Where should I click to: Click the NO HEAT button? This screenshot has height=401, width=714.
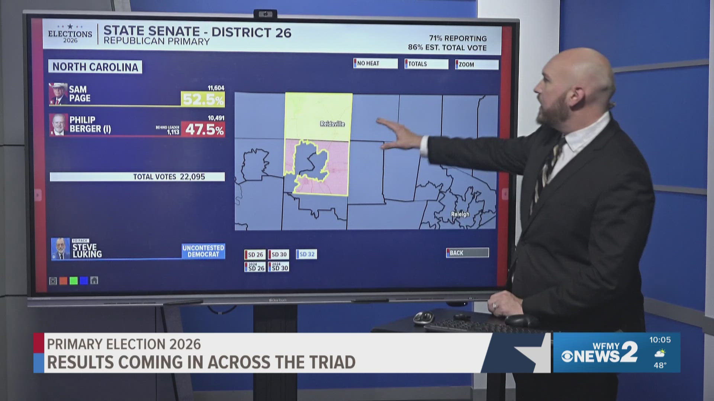[375, 63]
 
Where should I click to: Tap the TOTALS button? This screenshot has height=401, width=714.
[426, 64]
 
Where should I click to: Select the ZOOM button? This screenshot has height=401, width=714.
[476, 64]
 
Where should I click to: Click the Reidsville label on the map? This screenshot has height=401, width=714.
[332, 124]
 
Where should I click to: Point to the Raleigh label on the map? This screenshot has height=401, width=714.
[460, 214]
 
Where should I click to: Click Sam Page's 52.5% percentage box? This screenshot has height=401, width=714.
[203, 99]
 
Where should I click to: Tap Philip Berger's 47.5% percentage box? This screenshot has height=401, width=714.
[203, 129]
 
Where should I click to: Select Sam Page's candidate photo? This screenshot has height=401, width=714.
[58, 94]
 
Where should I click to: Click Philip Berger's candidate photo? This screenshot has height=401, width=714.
[58, 124]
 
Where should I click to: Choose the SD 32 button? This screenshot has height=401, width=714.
[306, 254]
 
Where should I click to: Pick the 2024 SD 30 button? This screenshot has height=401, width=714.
[279, 267]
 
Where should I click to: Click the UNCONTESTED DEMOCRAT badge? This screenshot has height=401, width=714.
[203, 251]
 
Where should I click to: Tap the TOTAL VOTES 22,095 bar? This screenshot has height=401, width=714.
[137, 177]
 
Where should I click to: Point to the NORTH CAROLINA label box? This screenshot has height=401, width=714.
[95, 67]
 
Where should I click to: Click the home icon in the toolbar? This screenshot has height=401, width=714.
[94, 280]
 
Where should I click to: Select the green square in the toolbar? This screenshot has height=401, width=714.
[74, 281]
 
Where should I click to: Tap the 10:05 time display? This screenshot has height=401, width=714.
[660, 340]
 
